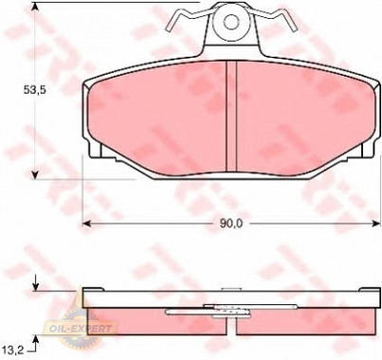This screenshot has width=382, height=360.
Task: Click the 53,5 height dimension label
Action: [35, 90]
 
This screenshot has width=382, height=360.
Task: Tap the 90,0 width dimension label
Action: [231, 224]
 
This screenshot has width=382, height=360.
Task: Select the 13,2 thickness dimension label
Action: [12, 349]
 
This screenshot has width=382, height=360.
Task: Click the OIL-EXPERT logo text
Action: [81, 329]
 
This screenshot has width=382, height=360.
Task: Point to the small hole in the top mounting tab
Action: [231, 22]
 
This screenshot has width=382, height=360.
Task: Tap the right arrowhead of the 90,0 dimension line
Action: [376, 224]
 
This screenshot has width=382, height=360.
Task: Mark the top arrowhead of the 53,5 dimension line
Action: [35, 6]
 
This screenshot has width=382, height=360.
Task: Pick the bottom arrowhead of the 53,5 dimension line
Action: [35, 175]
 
